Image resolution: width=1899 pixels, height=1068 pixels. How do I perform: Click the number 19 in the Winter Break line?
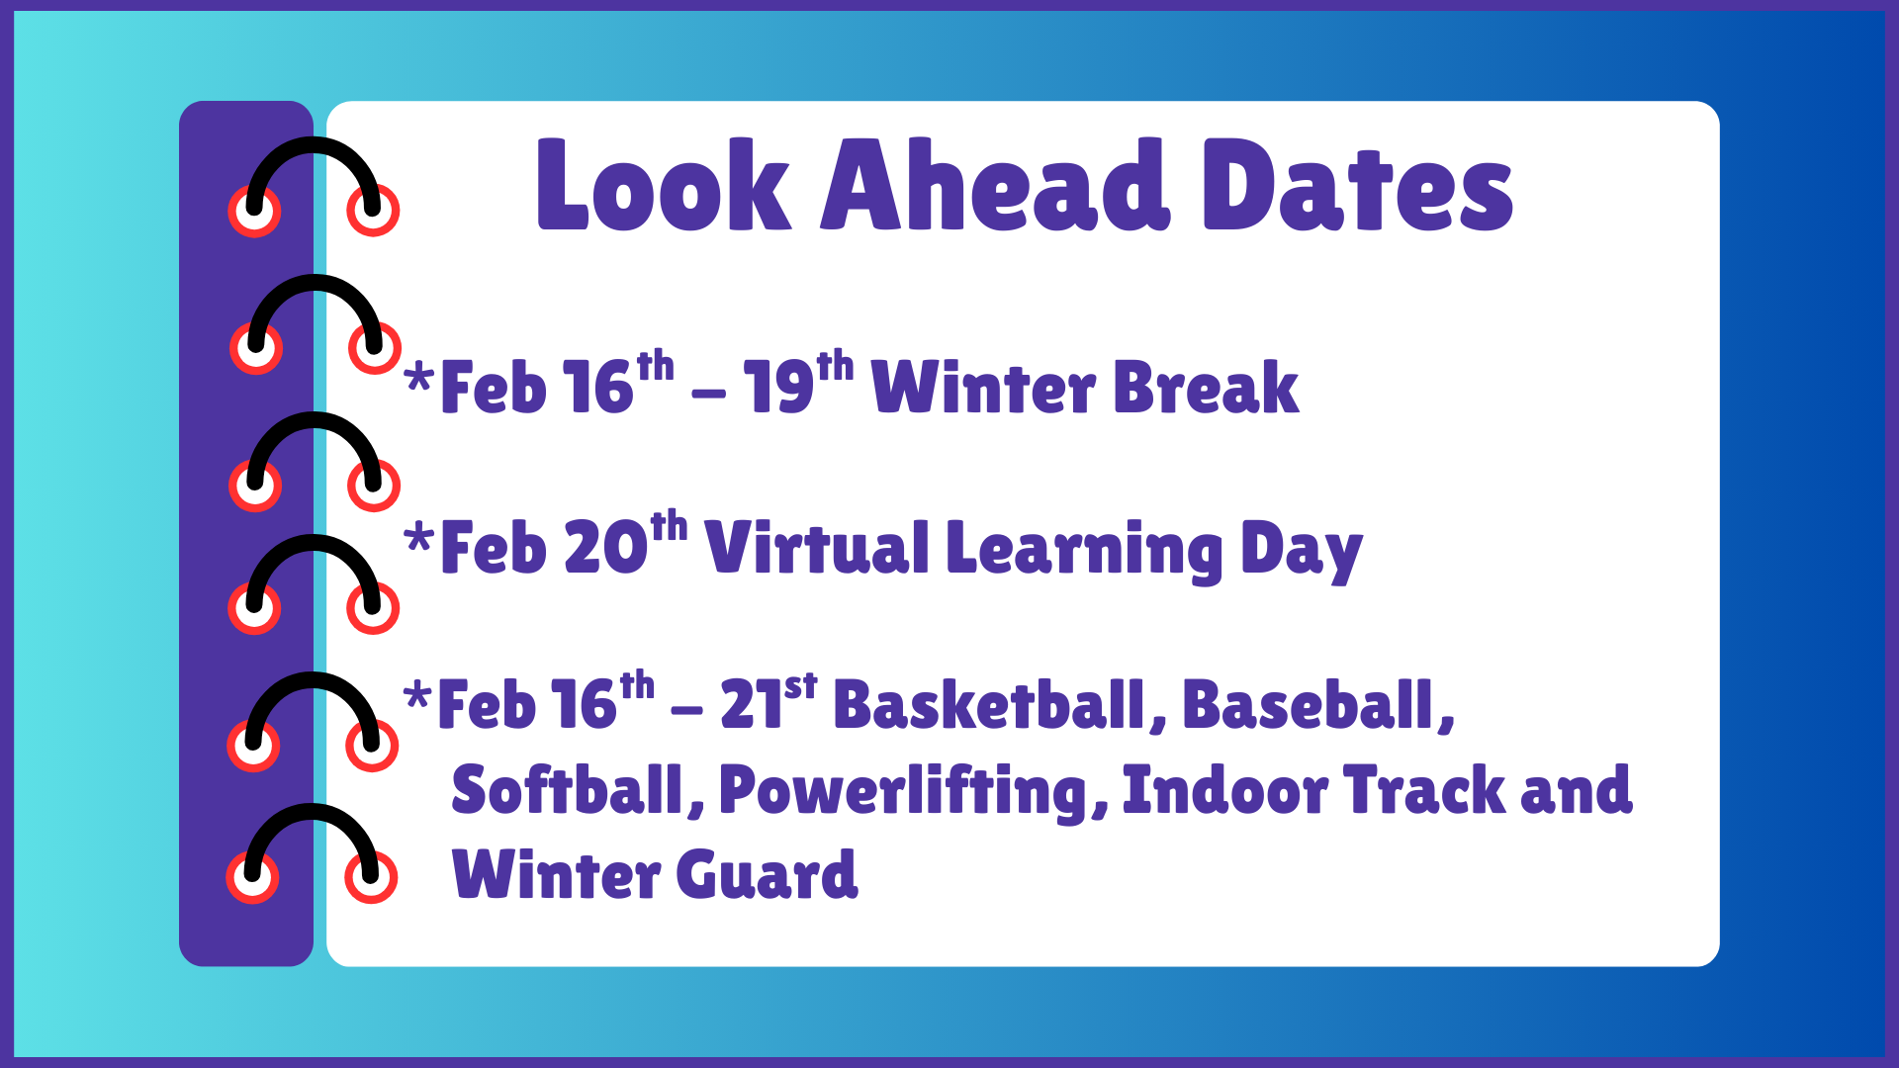778,388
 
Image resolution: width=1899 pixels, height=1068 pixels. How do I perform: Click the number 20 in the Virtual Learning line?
605,548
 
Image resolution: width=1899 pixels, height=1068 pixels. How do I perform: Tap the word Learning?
1084,550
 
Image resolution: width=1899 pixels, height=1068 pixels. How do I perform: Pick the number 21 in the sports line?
751,706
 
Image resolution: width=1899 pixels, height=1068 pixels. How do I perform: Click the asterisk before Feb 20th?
419,539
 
